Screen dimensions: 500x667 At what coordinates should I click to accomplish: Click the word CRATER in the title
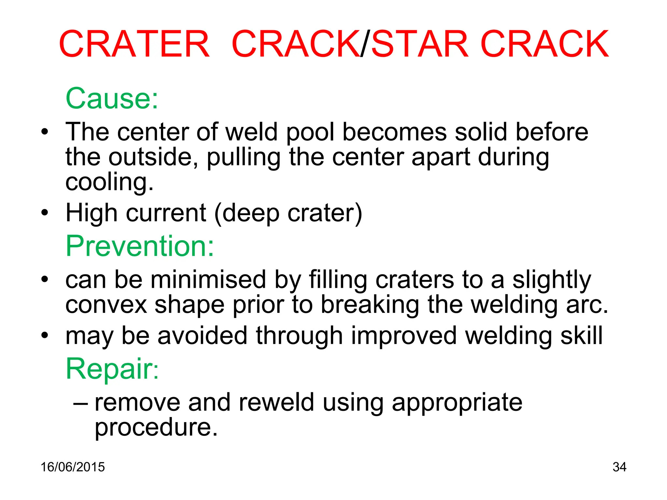click(x=134, y=44)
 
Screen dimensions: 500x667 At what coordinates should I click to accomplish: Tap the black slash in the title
click(x=365, y=44)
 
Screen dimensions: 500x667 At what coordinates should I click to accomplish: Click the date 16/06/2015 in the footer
click(x=73, y=467)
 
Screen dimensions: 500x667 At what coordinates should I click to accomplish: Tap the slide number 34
click(x=619, y=467)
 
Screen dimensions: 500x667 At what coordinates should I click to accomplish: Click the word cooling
click(x=109, y=182)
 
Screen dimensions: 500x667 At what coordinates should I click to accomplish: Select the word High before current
click(x=92, y=213)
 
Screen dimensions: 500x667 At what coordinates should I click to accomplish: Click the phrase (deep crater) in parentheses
click(x=288, y=214)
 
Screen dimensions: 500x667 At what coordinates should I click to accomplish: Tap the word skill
click(x=581, y=336)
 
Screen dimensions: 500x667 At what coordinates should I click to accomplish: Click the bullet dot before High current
click(x=45, y=213)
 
